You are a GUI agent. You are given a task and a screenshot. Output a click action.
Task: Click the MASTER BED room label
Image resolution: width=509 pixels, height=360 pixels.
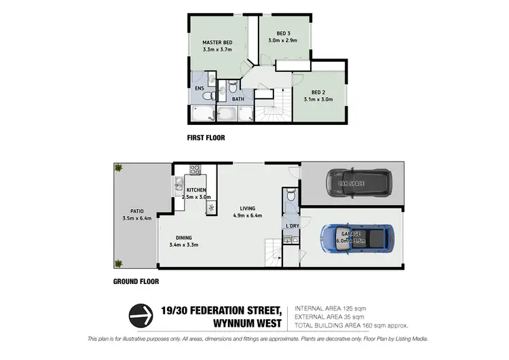click(x=218, y=42)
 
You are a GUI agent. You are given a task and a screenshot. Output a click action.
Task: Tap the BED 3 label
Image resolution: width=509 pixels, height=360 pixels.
click(x=284, y=34)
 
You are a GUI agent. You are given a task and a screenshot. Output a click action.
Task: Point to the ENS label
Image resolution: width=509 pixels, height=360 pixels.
click(x=200, y=88)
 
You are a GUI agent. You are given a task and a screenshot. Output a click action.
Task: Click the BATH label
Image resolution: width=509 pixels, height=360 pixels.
click(x=238, y=99)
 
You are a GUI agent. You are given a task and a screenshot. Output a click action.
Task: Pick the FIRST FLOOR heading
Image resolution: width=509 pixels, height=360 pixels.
click(x=206, y=137)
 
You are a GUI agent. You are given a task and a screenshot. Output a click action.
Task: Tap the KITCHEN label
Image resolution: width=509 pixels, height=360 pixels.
click(x=196, y=190)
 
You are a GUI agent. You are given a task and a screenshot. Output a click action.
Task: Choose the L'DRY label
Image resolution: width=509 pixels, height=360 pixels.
click(x=293, y=226)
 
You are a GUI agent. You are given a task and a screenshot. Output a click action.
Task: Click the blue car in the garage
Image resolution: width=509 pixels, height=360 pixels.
click(x=356, y=237)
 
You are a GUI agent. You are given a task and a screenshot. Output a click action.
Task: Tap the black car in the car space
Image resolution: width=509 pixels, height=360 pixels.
click(x=357, y=182)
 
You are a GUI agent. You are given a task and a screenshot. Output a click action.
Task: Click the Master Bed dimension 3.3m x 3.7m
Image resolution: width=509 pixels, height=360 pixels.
click(x=218, y=50)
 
